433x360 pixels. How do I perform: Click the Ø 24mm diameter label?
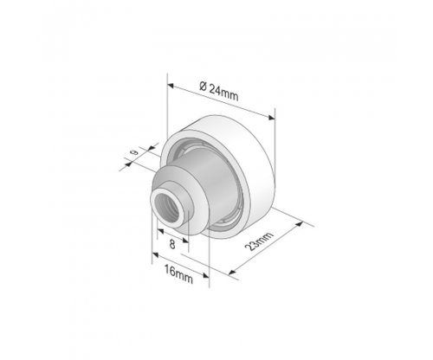(x=219, y=92)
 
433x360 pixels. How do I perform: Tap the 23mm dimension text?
(x=259, y=241)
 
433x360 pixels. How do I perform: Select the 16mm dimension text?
(x=178, y=274)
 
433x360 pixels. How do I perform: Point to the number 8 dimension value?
(x=172, y=244)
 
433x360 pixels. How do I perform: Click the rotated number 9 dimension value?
(x=134, y=151)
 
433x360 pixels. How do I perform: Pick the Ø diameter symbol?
(x=203, y=86)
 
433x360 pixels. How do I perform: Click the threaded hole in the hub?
(x=166, y=208)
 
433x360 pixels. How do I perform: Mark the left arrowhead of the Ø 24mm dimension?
(x=171, y=86)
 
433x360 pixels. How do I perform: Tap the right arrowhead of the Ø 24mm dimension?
(x=272, y=118)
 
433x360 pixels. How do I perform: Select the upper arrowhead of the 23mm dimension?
(x=300, y=224)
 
